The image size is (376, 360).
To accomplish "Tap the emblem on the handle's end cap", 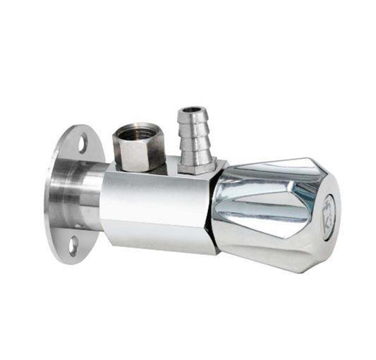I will (x=327, y=210).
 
